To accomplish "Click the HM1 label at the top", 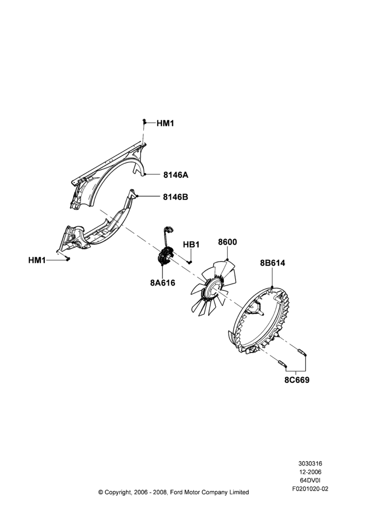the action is tap(165, 123).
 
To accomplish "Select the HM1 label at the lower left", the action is tap(37, 260).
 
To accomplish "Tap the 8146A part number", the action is tap(176, 175).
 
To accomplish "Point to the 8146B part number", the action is tap(176, 197).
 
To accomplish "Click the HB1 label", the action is tap(191, 244).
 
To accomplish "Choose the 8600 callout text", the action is tap(227, 242).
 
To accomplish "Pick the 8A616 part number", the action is tap(163, 283).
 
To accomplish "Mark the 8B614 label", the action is tap(273, 263).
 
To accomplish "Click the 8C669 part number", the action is tap(297, 380).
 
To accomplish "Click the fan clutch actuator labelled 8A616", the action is tap(166, 256).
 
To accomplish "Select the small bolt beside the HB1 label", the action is tap(190, 262).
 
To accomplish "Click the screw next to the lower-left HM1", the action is tap(67, 259).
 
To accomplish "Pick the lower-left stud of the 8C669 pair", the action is tap(282, 363).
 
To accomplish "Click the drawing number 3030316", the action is tap(310, 463).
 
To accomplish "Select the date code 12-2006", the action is tap(310, 472).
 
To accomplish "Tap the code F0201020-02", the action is tap(310, 489).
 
